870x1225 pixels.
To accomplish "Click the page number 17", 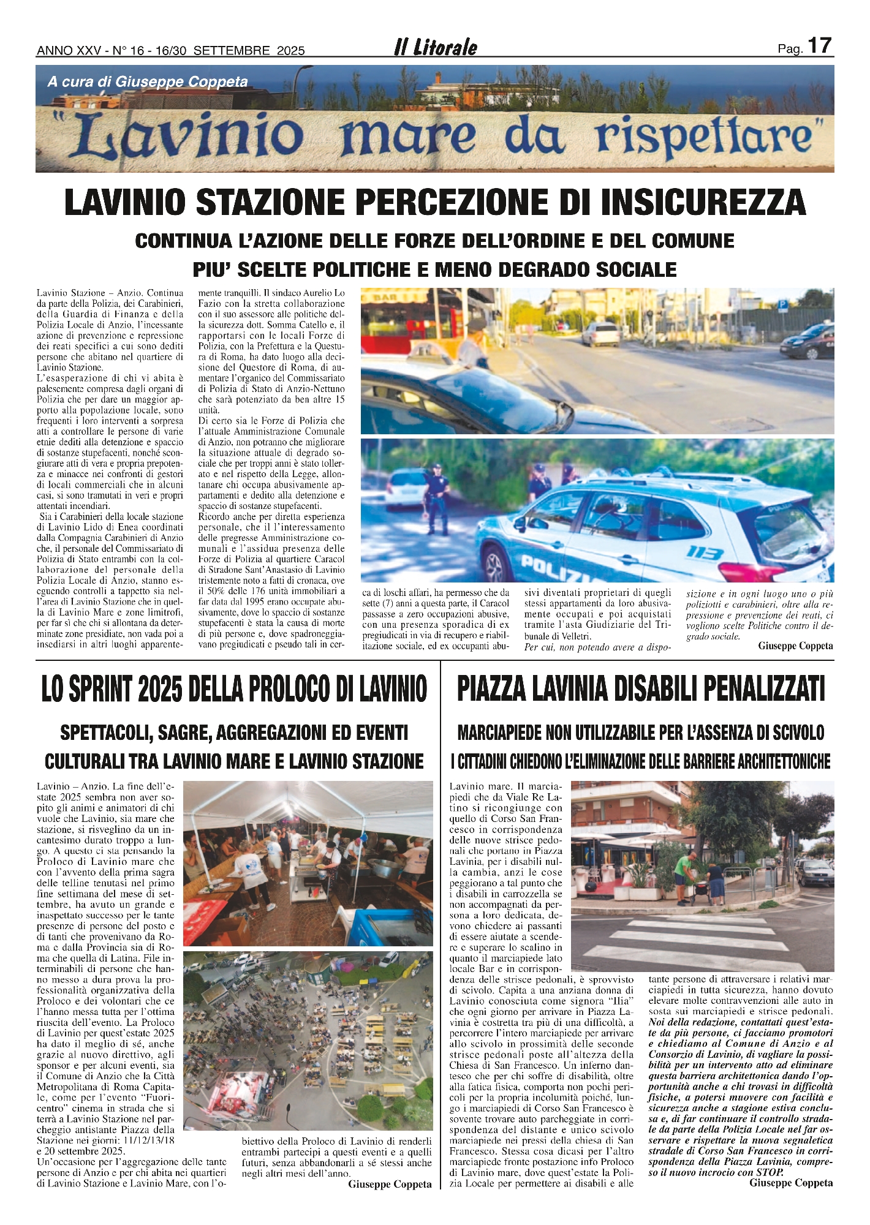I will (x=819, y=46).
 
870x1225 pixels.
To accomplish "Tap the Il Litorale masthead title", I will (x=436, y=48).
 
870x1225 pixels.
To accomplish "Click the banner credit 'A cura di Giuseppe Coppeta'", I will (x=148, y=81).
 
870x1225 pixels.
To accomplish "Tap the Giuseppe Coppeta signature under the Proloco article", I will (x=390, y=1184).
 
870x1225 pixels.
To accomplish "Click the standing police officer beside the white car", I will (x=437, y=497).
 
